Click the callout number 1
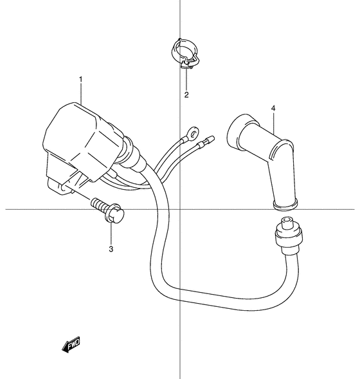[x=81, y=79]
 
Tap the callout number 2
[x=186, y=95]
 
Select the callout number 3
[x=111, y=249]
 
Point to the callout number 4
[x=273, y=108]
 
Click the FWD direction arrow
[x=71, y=344]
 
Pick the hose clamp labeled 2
[x=184, y=53]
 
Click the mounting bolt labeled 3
[x=107, y=210]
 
